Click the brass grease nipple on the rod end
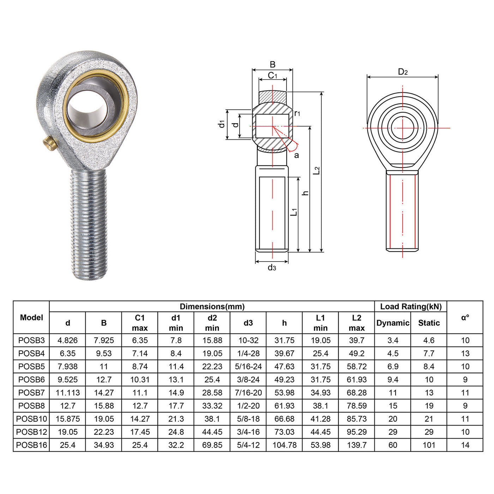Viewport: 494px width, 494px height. [x=50, y=143]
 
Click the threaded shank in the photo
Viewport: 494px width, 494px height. [x=89, y=222]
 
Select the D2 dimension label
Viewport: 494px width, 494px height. [x=403, y=72]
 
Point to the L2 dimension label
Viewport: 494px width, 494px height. [x=317, y=170]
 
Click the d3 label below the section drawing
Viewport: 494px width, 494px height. [x=272, y=267]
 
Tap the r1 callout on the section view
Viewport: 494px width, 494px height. [x=297, y=113]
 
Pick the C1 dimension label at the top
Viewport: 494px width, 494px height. [x=272, y=76]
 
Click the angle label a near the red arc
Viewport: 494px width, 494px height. [x=296, y=155]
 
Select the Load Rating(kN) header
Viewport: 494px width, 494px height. [x=410, y=306]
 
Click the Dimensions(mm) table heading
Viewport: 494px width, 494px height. [x=212, y=306]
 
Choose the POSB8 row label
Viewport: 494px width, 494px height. [x=31, y=406]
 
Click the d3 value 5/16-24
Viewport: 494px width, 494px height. [x=248, y=367]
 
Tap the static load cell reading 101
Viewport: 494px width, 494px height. [x=429, y=445]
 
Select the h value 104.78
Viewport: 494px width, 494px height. [x=284, y=445]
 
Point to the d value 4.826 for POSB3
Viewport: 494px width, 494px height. [x=67, y=341]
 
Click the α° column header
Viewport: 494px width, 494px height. [x=465, y=318]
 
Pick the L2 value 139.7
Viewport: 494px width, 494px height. [x=356, y=445]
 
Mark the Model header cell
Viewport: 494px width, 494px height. [x=31, y=318]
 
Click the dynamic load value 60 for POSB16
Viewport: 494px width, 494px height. [x=393, y=445]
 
